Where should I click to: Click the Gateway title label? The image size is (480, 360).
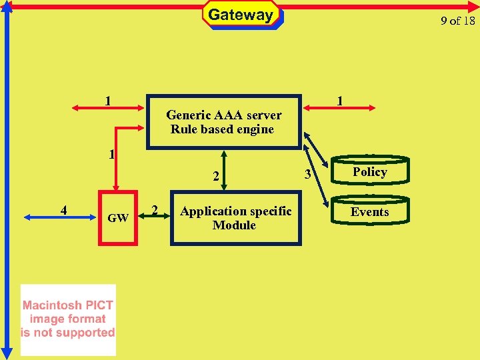pos(241,15)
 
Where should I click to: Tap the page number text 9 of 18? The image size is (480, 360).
pos(458,21)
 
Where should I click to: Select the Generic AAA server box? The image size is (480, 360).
pos(223,121)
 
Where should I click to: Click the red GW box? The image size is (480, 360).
pos(118,218)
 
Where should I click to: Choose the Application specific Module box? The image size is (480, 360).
pos(235,218)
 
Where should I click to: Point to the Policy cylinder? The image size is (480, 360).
pos(370,172)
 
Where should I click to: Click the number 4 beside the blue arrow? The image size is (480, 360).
pos(63,210)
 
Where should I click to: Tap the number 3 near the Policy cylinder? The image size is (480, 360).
pos(307,175)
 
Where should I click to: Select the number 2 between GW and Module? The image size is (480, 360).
pos(155,210)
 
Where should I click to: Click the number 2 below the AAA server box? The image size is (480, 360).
pos(215,177)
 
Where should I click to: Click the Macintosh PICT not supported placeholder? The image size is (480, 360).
pos(68,319)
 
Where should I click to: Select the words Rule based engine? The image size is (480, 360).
pos(222,129)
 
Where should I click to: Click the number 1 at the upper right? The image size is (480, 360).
pos(340,101)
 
